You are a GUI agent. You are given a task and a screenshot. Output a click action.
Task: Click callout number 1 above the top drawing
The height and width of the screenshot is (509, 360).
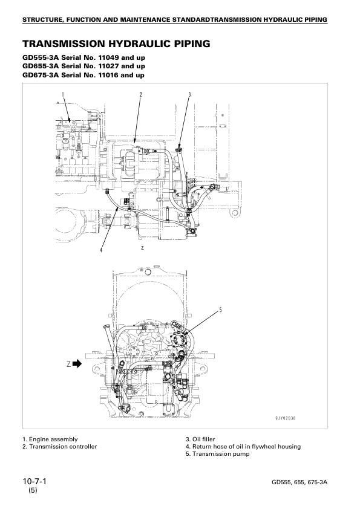click(x=63, y=94)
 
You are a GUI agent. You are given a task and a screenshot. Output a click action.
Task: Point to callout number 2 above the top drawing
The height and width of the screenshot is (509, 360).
click(x=141, y=94)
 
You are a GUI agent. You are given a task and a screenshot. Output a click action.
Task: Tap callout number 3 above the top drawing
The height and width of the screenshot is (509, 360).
click(x=190, y=94)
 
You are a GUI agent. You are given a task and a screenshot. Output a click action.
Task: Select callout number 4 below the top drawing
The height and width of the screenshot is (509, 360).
click(x=101, y=250)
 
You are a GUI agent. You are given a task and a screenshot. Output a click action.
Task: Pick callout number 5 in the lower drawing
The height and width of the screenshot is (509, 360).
click(x=220, y=310)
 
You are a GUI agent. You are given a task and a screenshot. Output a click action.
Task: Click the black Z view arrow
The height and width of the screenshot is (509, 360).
click(x=77, y=364)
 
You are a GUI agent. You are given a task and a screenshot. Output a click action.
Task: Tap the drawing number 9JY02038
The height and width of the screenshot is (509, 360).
click(x=286, y=418)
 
